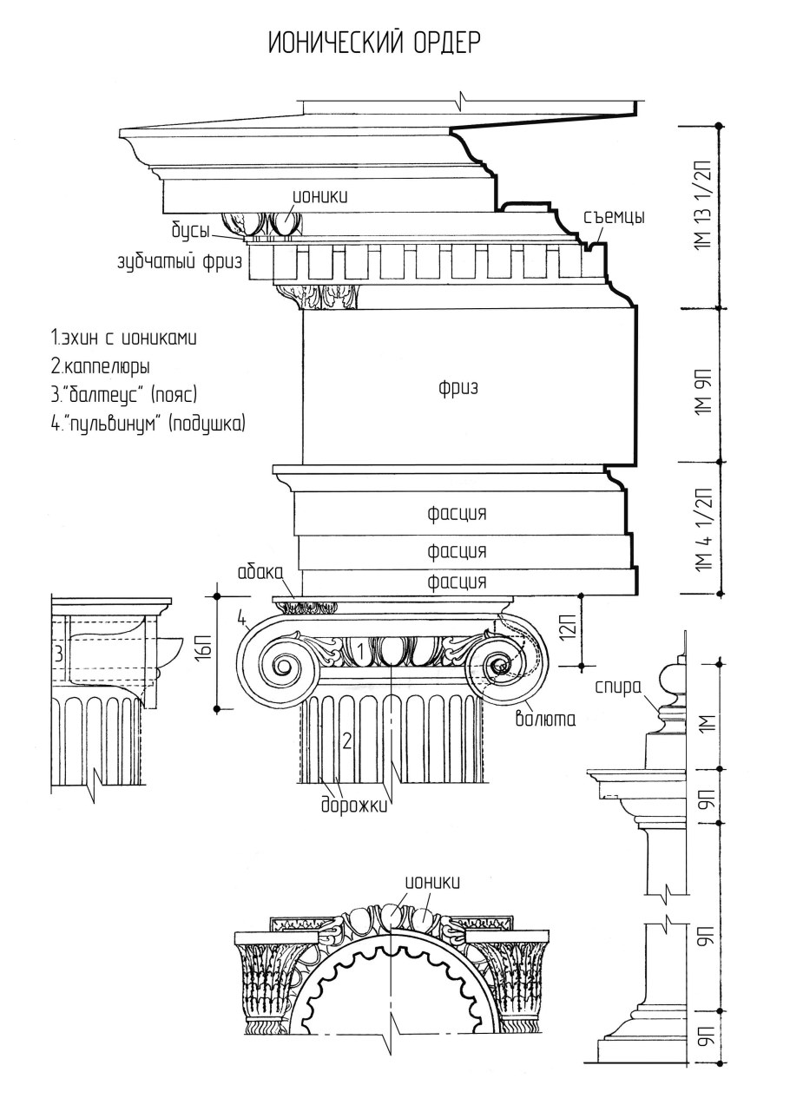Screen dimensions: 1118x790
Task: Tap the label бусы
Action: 189,231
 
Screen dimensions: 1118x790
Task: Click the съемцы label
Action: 614,217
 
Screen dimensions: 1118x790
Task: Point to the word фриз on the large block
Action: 458,390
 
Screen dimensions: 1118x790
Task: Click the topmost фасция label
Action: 457,514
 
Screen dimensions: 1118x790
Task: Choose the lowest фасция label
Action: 457,582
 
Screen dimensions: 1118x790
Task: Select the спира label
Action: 617,687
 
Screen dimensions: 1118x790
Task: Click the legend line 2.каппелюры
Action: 101,366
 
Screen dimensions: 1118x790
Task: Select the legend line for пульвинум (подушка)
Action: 148,424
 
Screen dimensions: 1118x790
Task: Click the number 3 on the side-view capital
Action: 57,654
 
